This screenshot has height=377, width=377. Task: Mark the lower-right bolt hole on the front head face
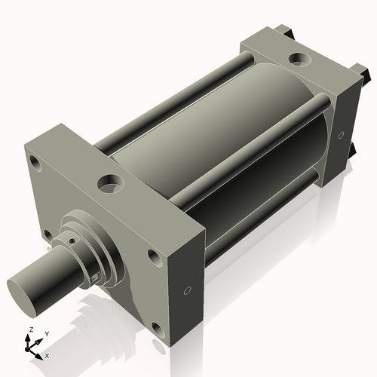(x=157, y=329)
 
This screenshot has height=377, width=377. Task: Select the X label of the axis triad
(x=47, y=354)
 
